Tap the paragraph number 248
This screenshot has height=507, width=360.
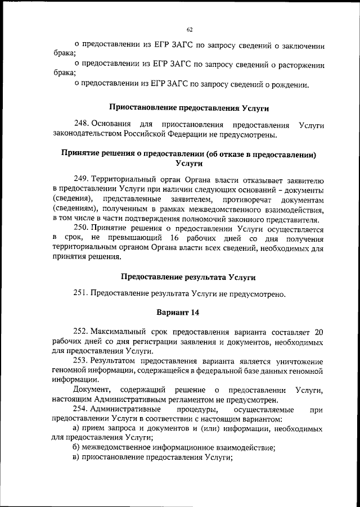81,124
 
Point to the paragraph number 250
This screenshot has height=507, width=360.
81,228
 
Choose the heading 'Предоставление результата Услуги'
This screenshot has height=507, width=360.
188,277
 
